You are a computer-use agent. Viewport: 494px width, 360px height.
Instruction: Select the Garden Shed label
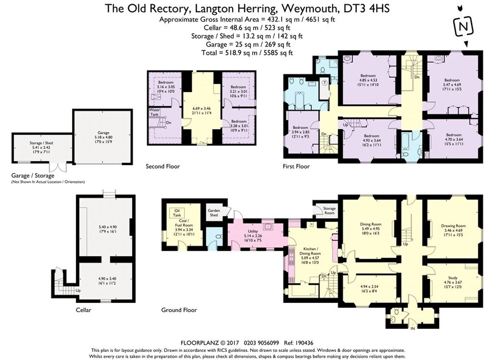click(213, 212)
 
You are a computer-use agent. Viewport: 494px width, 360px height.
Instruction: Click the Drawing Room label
click(453, 225)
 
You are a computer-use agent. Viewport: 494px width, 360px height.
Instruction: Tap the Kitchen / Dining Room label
click(312, 251)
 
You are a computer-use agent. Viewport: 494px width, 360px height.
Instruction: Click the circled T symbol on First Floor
click(325, 82)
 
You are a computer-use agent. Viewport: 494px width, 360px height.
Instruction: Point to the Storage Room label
click(329, 211)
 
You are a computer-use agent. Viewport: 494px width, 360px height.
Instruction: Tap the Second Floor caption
click(163, 167)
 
